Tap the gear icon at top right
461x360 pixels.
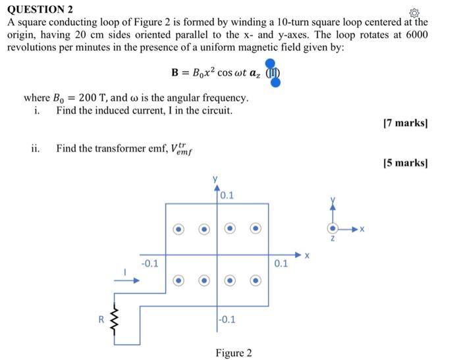(414, 13)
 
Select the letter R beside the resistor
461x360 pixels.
(101, 319)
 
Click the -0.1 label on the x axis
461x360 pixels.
(150, 264)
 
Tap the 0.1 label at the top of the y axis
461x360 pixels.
(227, 195)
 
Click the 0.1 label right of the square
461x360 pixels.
(280, 264)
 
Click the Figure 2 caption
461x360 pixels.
(233, 353)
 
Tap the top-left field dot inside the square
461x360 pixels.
(178, 229)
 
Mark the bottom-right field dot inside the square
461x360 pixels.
(255, 280)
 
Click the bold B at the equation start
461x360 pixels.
(176, 72)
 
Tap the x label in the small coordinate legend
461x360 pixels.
(362, 230)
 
